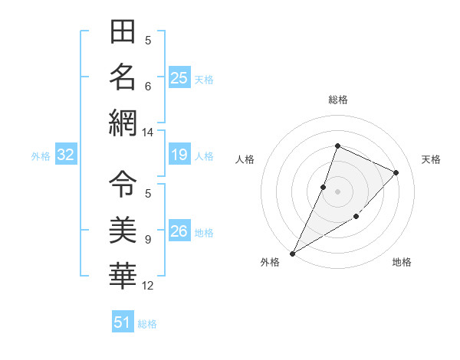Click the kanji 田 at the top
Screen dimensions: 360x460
pyautogui.click(x=123, y=33)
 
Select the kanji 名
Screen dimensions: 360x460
pyautogui.click(x=123, y=77)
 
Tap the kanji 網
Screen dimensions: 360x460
pyautogui.click(x=123, y=123)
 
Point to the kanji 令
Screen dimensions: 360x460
pyautogui.click(x=123, y=183)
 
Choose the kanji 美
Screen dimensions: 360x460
pyautogui.click(x=123, y=229)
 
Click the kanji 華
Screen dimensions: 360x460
pyautogui.click(x=123, y=273)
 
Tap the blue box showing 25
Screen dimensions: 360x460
pyautogui.click(x=179, y=78)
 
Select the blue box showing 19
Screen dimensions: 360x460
pyautogui.click(x=179, y=155)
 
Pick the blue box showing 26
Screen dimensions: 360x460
pyautogui.click(x=179, y=232)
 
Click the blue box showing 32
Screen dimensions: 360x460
pyautogui.click(x=65, y=155)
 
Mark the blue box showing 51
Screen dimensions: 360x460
pyautogui.click(x=122, y=322)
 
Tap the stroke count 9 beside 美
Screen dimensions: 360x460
pyautogui.click(x=147, y=240)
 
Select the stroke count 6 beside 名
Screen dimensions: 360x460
pyautogui.click(x=147, y=86)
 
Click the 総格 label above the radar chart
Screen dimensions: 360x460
pyautogui.click(x=337, y=100)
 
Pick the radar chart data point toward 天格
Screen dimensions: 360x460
pyautogui.click(x=396, y=172)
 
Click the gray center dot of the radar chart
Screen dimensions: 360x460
pyautogui.click(x=337, y=191)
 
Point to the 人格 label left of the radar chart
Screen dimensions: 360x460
pyautogui.click(x=245, y=159)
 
